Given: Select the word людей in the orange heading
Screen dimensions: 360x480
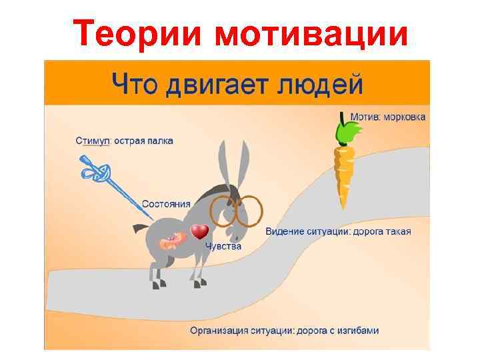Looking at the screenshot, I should click(320, 84).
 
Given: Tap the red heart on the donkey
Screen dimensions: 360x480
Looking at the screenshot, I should click(199, 232).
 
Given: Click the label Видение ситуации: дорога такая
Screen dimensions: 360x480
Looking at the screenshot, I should click(338, 232).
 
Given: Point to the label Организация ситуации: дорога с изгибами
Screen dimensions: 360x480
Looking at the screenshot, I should click(285, 330).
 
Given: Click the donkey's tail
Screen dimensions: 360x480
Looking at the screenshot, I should click(140, 229).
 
